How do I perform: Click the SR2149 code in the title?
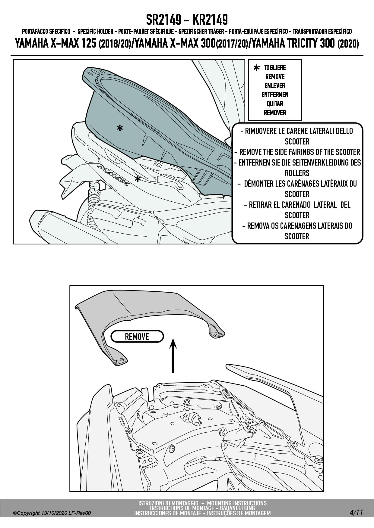[163, 20]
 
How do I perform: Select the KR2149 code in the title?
[210, 20]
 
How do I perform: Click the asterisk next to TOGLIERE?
[257, 68]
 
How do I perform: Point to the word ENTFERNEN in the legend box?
[275, 95]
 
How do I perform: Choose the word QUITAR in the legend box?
[275, 104]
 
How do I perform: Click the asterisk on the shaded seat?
[120, 129]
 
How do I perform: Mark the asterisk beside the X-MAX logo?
[138, 179]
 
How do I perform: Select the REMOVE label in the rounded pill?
[137, 337]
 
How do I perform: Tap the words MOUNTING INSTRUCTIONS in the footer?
[237, 503]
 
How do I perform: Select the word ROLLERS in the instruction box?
[297, 173]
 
